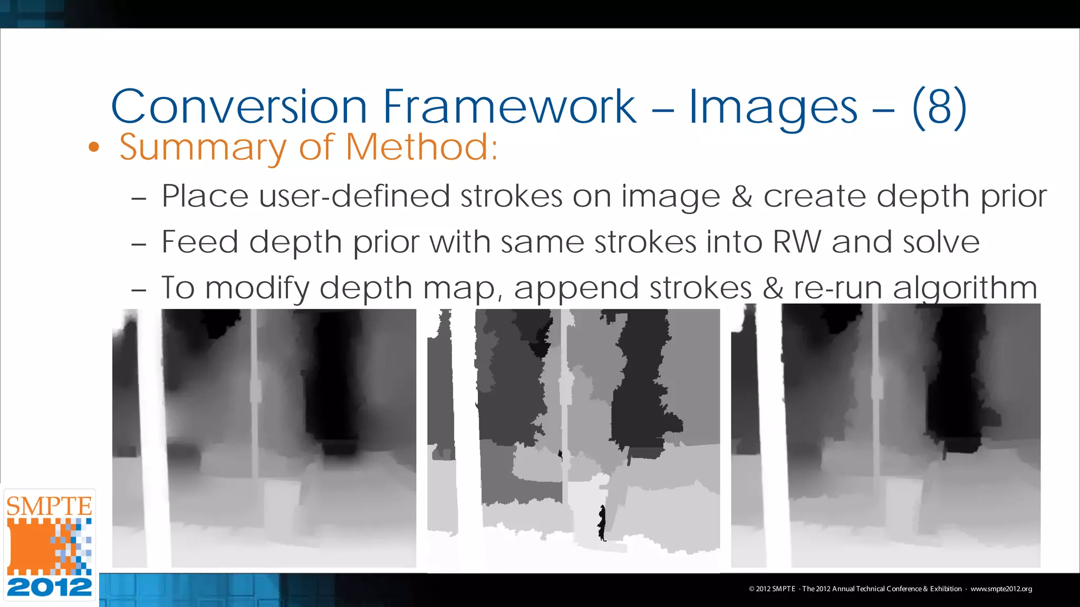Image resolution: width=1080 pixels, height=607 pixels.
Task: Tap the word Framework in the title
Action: click(509, 107)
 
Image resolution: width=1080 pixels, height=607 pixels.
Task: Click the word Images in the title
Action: click(773, 108)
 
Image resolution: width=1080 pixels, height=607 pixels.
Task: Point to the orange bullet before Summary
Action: click(94, 148)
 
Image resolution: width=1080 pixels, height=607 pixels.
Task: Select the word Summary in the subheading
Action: click(203, 148)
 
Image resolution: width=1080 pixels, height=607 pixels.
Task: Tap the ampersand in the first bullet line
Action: click(741, 197)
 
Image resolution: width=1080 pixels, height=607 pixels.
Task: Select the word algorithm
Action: click(965, 289)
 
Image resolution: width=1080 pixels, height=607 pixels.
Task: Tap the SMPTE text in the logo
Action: click(49, 506)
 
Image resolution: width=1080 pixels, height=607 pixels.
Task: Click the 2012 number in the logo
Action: click(49, 587)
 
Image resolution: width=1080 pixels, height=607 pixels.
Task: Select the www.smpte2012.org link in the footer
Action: click(1001, 589)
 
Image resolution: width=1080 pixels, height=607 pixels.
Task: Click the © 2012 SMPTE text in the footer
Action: click(772, 589)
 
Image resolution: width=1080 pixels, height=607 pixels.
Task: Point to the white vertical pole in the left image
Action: click(155, 437)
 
